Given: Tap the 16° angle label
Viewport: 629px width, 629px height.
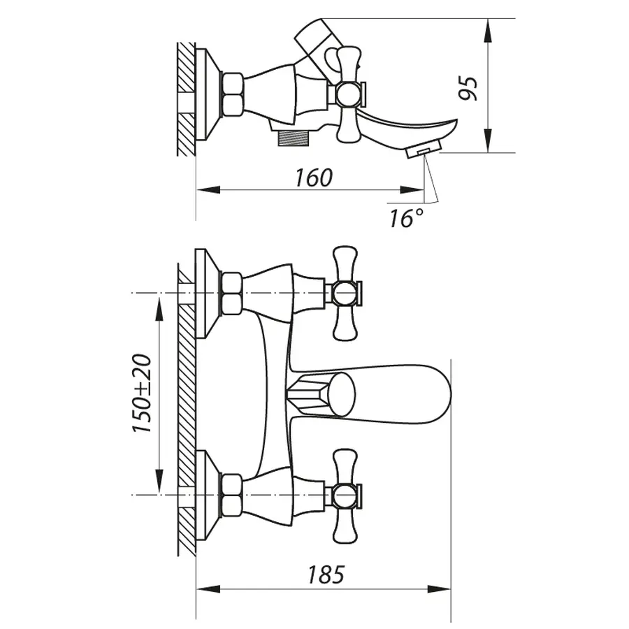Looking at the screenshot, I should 406,218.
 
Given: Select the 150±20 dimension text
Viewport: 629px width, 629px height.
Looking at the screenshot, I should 143,394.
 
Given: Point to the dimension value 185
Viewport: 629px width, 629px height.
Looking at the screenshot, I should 326,574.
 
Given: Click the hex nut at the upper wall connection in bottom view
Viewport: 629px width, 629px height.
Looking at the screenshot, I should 231,293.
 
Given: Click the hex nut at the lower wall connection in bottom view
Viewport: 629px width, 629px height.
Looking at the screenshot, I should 231,495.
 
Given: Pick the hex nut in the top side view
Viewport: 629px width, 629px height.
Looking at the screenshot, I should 231,94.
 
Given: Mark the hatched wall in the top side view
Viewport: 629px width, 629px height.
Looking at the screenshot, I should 186,98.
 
